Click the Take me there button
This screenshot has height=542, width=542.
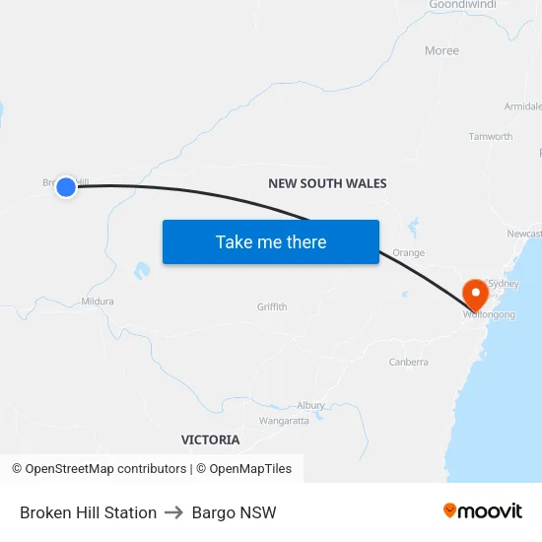tap(271, 242)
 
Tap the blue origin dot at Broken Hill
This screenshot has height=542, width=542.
tap(66, 187)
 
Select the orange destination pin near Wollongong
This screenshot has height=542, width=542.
tap(475, 294)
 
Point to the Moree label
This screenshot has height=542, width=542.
tap(441, 51)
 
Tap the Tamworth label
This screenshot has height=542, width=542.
tap(490, 137)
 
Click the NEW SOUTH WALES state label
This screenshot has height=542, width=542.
tap(327, 184)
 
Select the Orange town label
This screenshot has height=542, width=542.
tap(408, 253)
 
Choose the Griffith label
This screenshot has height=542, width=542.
tap(272, 307)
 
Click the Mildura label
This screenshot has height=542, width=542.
tap(98, 302)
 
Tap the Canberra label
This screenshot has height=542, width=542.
tap(408, 363)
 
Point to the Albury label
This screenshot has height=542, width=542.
tap(310, 406)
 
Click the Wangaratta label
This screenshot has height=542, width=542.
tap(284, 421)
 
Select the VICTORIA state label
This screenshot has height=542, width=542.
tap(210, 440)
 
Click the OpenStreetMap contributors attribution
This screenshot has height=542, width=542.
tap(99, 469)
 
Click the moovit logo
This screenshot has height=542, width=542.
tap(483, 511)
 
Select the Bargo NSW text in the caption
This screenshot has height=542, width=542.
tap(235, 512)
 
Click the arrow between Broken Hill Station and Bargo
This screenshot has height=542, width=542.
tap(174, 512)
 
